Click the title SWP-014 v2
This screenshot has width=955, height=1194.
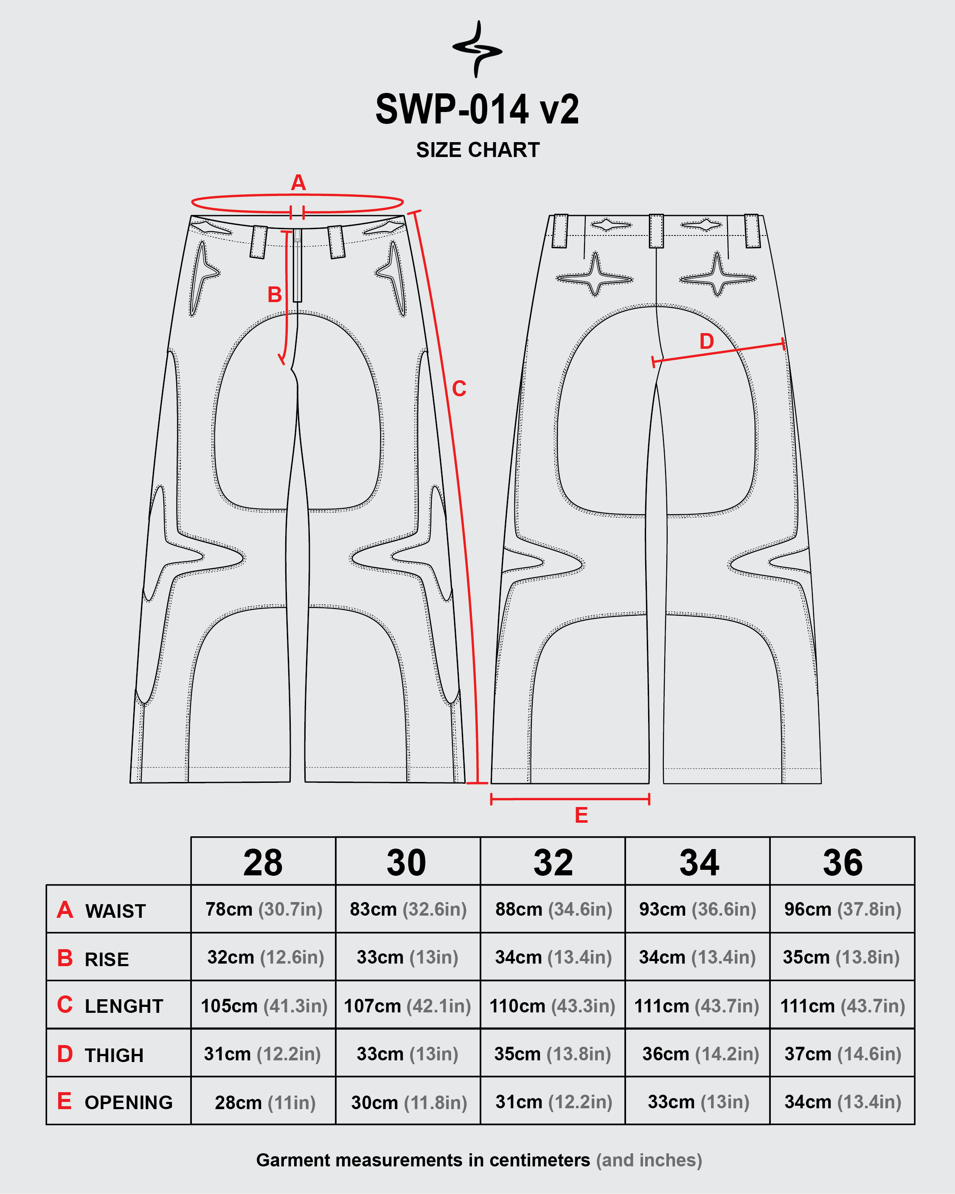coord(477,109)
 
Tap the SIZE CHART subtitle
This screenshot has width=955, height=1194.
coord(477,150)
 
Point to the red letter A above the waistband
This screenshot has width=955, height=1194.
coord(298,182)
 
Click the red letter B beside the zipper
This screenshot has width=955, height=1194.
coord(275,294)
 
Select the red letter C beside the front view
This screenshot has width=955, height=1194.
coord(459,389)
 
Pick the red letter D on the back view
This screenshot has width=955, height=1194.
coord(706,342)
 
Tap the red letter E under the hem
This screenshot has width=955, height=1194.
coord(581,815)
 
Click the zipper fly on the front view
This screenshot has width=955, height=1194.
coord(298,265)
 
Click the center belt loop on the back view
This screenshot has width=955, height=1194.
coord(657,230)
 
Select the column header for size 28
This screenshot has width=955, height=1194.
coord(263,863)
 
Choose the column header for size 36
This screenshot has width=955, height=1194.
coord(843,863)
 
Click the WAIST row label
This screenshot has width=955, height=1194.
coord(115,911)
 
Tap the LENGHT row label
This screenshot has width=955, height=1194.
coord(124,1006)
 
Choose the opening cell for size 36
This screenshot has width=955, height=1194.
coord(843,1102)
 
